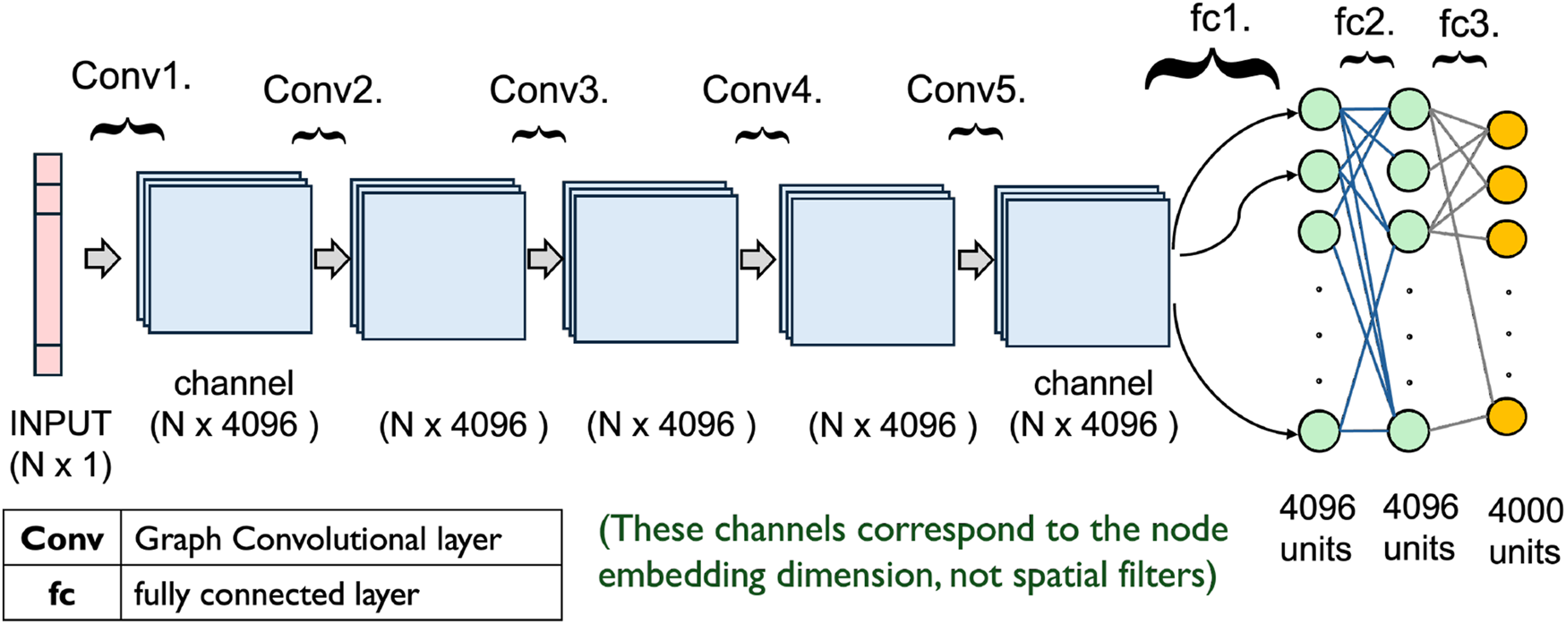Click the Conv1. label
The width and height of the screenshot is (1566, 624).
tap(131, 77)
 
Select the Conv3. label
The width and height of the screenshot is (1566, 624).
tap(548, 90)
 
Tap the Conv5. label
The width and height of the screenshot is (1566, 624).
tap(965, 90)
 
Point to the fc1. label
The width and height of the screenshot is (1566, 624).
tap(1219, 19)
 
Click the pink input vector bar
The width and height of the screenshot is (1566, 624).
tap(47, 264)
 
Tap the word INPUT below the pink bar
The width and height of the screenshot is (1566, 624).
tap(60, 423)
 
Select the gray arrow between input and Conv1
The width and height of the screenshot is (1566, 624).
tap(102, 259)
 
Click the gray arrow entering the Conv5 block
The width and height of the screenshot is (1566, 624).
tap(975, 260)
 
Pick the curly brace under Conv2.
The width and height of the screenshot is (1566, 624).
tap(319, 136)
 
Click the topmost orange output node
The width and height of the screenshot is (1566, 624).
tap(1506, 131)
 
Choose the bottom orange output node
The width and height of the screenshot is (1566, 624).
tap(1506, 417)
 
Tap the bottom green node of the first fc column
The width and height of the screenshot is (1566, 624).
tap(1319, 431)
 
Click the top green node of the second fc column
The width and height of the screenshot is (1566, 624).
tap(1408, 109)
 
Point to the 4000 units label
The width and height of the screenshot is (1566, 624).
tap(1525, 531)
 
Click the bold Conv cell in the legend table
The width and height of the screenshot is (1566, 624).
tap(62, 539)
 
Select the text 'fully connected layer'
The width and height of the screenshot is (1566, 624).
tap(276, 594)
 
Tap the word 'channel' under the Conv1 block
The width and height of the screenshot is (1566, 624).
tap(233, 383)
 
